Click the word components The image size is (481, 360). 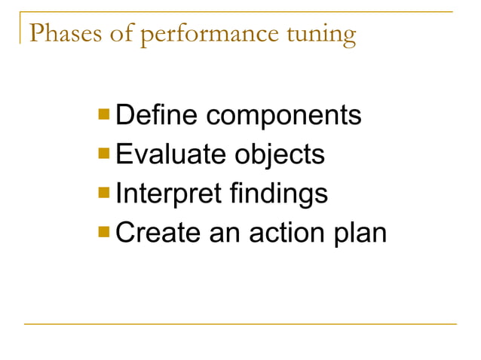tap(283, 117)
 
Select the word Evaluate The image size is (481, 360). tap(170, 155)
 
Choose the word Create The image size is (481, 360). tap(159, 233)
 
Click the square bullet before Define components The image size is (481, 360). tap(104, 116)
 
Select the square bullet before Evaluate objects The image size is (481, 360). tap(104, 154)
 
